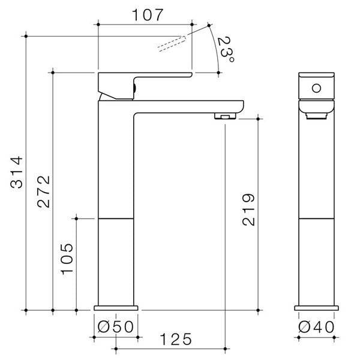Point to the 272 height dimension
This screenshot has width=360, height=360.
(43, 193)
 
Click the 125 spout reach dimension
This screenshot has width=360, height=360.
(173, 339)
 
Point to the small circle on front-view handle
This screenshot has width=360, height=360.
(315, 89)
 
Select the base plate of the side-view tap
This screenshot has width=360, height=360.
(117, 308)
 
